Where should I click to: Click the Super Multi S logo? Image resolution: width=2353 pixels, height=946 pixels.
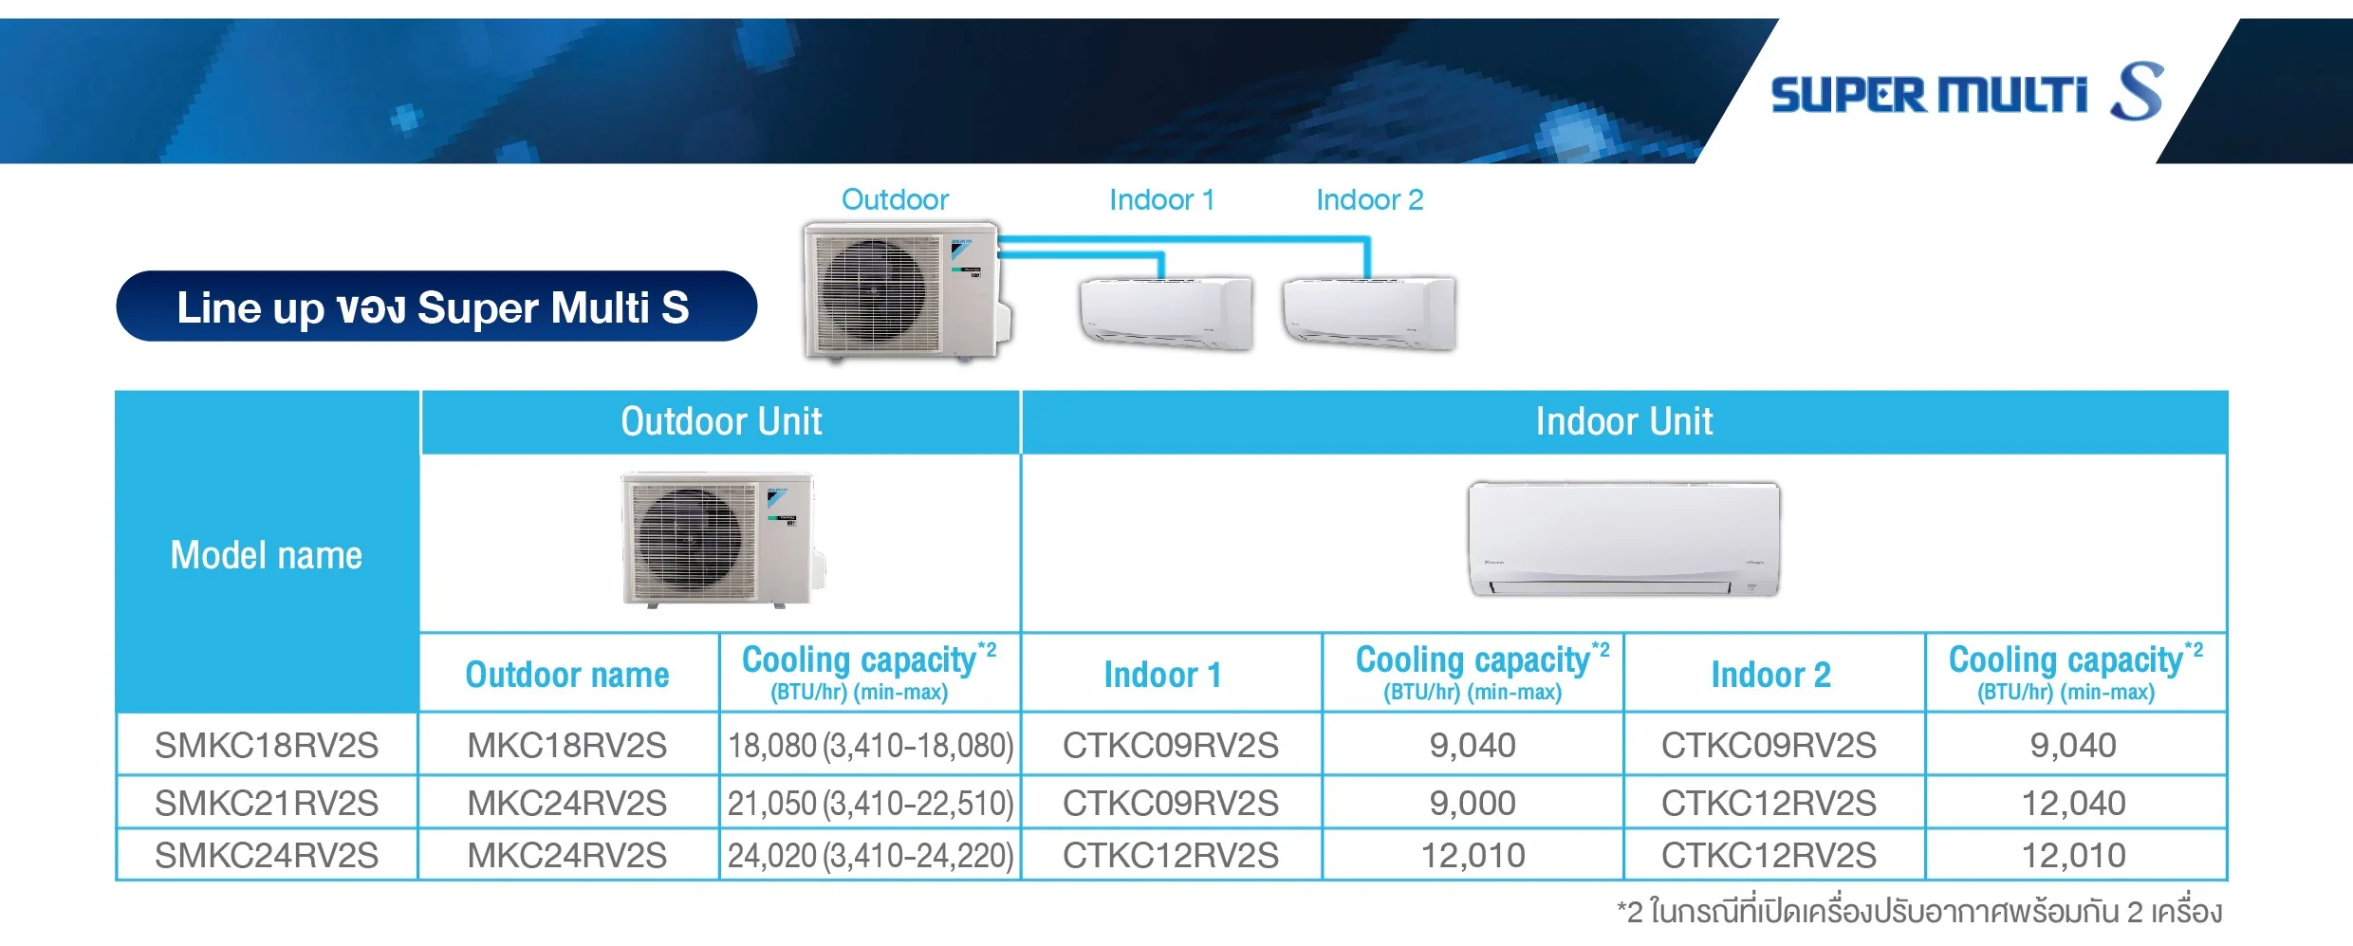[1966, 93]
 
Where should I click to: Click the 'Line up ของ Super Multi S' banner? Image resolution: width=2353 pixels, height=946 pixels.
[436, 306]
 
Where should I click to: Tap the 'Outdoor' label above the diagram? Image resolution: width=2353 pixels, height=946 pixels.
[895, 199]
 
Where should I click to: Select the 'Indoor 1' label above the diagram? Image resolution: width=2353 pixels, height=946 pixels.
[1161, 199]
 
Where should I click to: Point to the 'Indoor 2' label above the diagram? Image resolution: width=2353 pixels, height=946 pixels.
[1369, 199]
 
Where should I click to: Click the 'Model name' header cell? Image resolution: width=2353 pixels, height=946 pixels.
[267, 554]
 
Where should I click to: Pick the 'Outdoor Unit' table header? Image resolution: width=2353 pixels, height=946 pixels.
[721, 421]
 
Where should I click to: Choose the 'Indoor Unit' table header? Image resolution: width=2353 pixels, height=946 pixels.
[1624, 421]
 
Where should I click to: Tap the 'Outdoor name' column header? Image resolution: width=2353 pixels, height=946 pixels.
[567, 675]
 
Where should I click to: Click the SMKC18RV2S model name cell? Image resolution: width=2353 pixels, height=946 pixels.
[267, 745]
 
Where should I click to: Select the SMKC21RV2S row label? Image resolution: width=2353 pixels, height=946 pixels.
[267, 803]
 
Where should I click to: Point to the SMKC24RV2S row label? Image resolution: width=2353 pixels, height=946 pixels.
[267, 855]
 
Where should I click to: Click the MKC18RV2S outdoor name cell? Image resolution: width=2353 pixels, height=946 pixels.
[567, 745]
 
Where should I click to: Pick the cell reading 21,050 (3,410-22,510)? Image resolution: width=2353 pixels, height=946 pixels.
[870, 803]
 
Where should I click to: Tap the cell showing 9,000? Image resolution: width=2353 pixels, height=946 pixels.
[1473, 803]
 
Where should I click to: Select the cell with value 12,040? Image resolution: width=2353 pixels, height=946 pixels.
[2074, 803]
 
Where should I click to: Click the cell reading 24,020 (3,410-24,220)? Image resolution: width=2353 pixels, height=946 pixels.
[870, 855]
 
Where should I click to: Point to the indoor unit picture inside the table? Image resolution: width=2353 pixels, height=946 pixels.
[1623, 538]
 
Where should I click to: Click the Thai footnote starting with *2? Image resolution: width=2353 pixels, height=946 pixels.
[1919, 912]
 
